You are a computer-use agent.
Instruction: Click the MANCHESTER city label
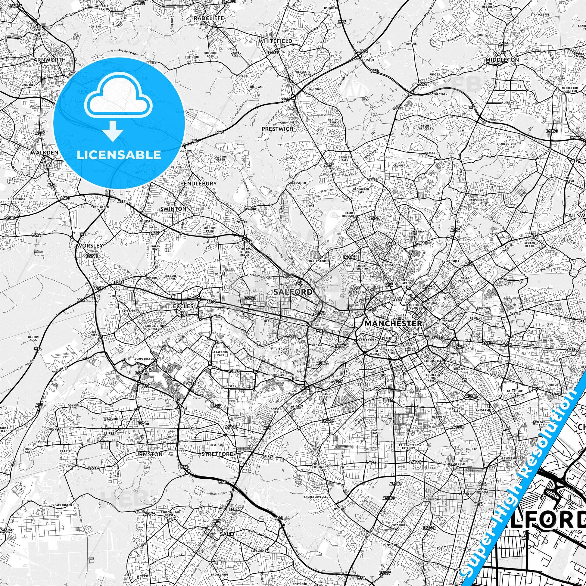tap(393, 323)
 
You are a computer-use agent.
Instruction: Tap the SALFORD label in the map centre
tap(293, 292)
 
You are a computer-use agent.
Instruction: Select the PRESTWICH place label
tap(277, 129)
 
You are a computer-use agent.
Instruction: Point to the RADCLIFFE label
tap(209, 18)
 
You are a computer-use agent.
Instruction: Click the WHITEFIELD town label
tap(276, 41)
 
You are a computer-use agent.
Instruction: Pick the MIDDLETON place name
tap(502, 60)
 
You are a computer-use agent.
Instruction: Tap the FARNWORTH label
tap(48, 60)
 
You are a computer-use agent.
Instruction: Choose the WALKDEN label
tap(44, 153)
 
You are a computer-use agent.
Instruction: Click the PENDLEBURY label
tap(198, 183)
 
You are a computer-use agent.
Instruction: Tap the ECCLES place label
tap(183, 306)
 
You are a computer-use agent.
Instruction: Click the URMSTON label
tap(149, 454)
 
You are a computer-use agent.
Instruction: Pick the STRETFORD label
tap(218, 454)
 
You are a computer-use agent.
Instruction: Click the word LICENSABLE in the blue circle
tap(119, 155)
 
